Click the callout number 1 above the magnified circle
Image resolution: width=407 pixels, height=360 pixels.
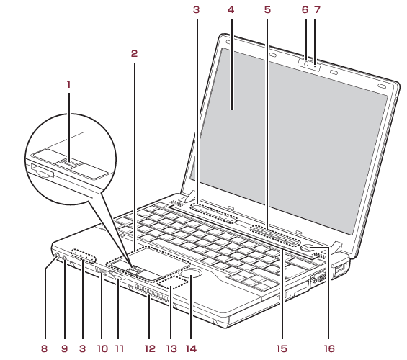68,84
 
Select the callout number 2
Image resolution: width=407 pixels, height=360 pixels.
134,54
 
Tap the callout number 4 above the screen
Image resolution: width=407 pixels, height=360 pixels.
231,10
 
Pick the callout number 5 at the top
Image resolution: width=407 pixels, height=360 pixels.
267,10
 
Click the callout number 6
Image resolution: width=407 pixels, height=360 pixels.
305,10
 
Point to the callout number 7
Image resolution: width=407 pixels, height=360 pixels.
317,10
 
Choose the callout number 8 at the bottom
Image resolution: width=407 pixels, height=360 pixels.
45,348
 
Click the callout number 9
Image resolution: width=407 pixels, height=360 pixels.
64,348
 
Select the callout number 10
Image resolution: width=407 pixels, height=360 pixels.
102,348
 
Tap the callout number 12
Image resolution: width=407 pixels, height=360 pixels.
150,348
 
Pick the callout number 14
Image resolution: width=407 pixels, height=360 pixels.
192,348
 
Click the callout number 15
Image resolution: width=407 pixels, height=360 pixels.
282,348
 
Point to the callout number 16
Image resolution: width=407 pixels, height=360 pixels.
329,348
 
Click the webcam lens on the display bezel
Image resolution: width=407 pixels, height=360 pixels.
306,63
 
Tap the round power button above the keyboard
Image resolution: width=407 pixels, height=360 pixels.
308,248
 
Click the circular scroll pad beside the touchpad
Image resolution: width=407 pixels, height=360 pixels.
192,274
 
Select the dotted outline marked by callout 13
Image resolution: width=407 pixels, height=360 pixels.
172,283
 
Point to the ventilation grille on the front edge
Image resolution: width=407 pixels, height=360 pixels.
152,293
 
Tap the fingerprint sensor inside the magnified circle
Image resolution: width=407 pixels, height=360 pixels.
68,164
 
